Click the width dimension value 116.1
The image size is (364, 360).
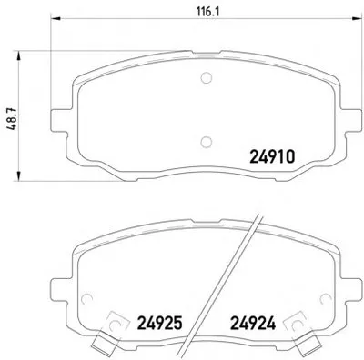click(208, 12)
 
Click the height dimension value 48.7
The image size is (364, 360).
click(12, 119)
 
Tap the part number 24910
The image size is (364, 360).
click(272, 157)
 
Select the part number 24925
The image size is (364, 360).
click(160, 323)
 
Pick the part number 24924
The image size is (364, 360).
click(253, 323)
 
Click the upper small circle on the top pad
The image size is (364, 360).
click(207, 78)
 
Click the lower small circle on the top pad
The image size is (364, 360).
click(207, 142)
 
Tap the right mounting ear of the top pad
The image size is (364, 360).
click(351, 121)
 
